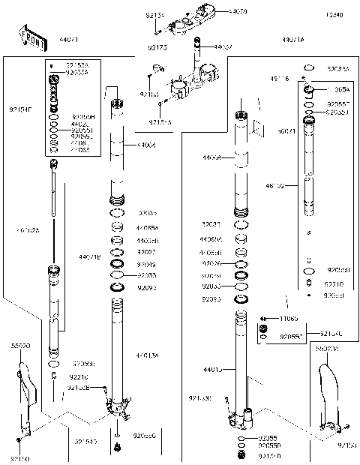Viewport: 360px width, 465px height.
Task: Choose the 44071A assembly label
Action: coord(292,39)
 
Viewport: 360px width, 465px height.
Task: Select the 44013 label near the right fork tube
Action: coord(212,368)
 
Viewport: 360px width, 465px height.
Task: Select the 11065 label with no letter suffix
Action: coord(289,319)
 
